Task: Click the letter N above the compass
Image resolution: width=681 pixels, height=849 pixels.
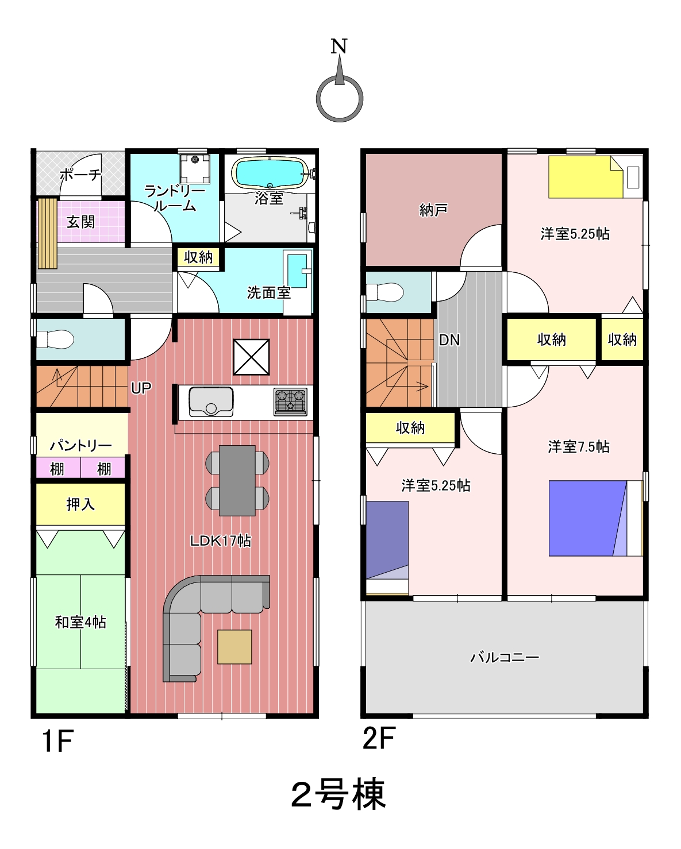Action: click(x=338, y=46)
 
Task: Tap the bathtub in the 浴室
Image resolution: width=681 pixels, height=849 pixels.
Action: click(x=270, y=173)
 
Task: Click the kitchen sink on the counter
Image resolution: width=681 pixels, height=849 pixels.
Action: click(x=211, y=402)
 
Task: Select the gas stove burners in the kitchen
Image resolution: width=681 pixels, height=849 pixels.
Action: click(x=291, y=402)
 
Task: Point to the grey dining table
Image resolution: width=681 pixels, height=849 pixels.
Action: click(x=237, y=481)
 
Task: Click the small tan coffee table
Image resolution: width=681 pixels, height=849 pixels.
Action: click(x=234, y=647)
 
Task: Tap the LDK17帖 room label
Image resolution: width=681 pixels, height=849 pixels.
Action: click(x=221, y=541)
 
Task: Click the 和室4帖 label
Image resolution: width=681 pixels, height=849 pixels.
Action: click(x=80, y=622)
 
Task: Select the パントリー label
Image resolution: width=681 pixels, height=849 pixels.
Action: click(x=81, y=446)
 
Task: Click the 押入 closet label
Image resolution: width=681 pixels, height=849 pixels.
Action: click(x=80, y=504)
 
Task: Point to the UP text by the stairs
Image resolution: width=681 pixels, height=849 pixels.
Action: click(x=141, y=388)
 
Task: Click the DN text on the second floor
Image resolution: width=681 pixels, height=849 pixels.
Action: click(x=449, y=340)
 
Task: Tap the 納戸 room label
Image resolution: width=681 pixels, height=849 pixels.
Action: click(x=433, y=210)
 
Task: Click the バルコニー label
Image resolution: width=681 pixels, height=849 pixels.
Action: click(x=505, y=657)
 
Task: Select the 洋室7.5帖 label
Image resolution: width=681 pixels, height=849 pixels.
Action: click(x=579, y=447)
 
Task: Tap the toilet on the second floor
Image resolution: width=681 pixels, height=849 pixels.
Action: click(x=385, y=292)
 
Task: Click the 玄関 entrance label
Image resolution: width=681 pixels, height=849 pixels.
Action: click(x=80, y=222)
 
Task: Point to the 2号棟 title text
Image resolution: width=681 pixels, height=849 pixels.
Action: click(x=338, y=794)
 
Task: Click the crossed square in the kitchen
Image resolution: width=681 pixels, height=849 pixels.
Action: click(x=252, y=357)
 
